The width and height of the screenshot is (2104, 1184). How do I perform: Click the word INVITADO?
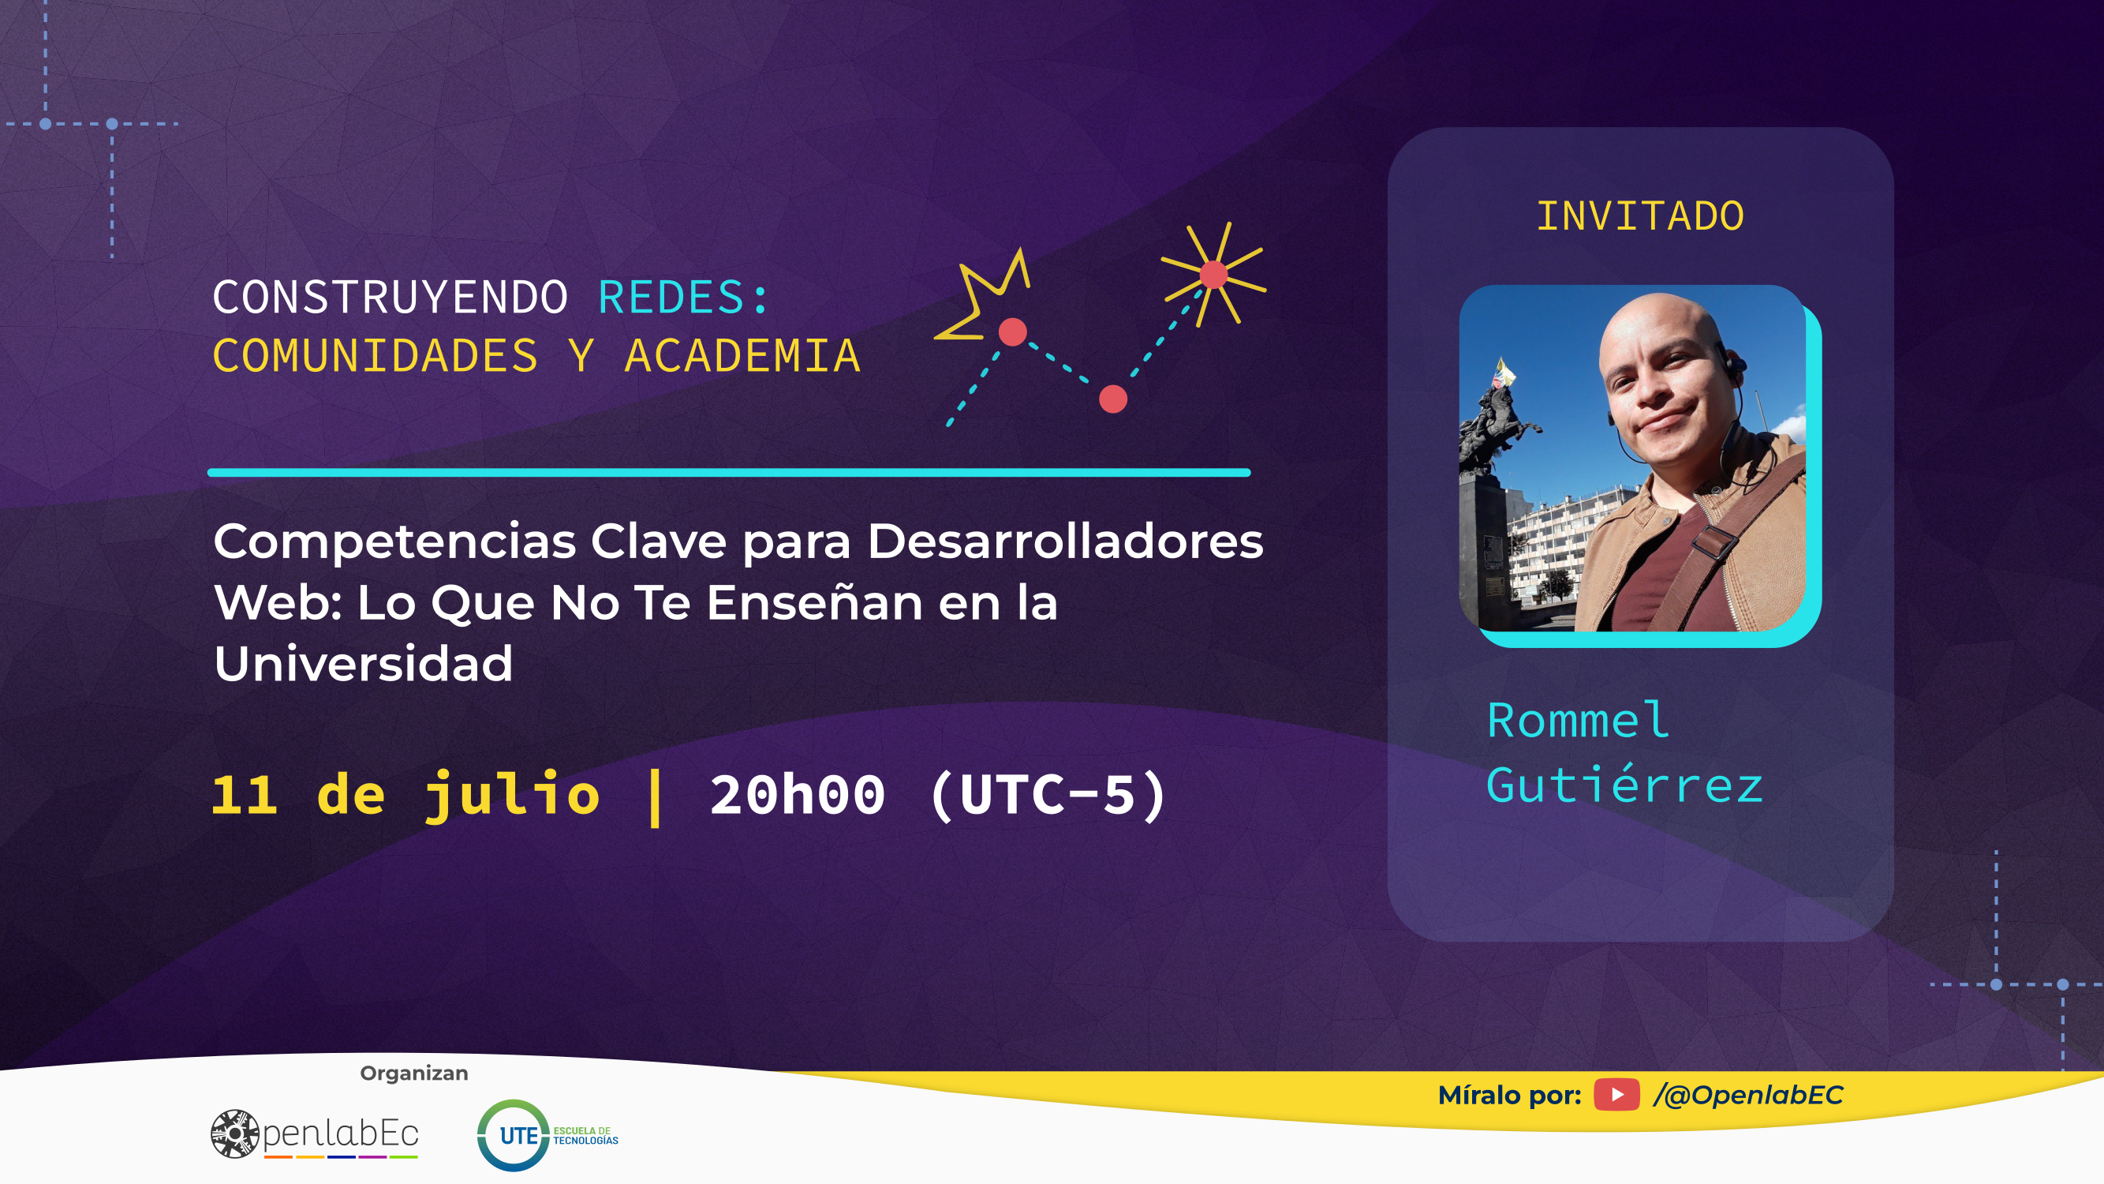[1640, 216]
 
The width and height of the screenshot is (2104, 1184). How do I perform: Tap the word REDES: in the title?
[684, 297]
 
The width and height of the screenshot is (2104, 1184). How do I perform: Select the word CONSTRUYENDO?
[391, 297]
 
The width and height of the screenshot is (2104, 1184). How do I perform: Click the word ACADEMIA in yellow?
[742, 356]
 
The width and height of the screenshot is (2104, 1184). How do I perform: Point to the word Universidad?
[364, 663]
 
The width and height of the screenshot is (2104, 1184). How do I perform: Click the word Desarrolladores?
[1065, 541]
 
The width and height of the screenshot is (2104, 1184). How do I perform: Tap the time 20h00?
[797, 794]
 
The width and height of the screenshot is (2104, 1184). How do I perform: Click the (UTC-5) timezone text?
[1048, 794]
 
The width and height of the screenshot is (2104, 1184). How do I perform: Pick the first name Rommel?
[1578, 720]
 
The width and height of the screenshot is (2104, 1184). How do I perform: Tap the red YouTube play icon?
[1616, 1095]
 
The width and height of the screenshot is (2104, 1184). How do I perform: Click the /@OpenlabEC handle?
[1748, 1095]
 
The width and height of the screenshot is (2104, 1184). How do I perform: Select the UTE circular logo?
[512, 1135]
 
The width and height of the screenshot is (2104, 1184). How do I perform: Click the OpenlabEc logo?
[315, 1134]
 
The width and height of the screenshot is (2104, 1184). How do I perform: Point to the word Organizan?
[414, 1073]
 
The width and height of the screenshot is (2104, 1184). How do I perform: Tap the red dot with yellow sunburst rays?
[1213, 275]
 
